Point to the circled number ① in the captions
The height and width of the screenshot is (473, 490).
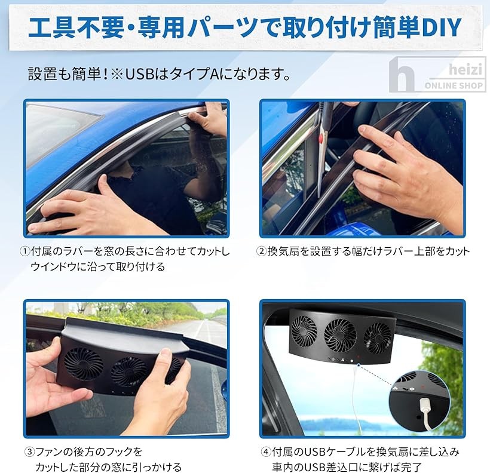coord(26,251)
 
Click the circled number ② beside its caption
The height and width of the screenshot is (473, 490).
coord(261,251)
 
